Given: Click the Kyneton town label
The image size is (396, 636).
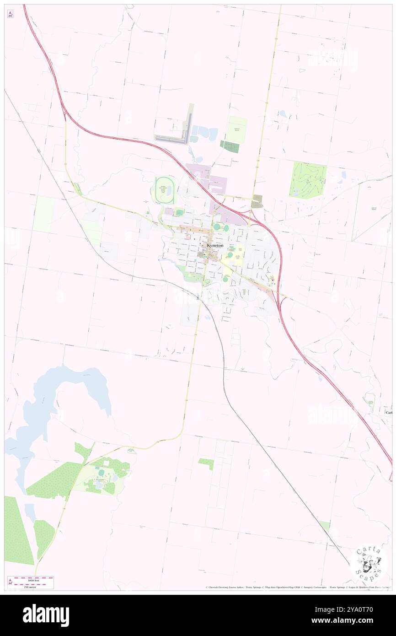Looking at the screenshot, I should tap(215, 245).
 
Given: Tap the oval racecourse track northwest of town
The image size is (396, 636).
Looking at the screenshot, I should tap(164, 190).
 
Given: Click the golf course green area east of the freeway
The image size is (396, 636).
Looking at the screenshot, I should tap(308, 179).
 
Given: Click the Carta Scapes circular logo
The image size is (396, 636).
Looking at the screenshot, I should tap(369, 562).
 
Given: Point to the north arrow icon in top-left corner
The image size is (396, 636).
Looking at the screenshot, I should tap(10, 15).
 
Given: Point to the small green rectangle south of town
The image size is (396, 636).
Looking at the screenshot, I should tap(206, 463).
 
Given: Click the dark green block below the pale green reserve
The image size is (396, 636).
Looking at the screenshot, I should tap(230, 146).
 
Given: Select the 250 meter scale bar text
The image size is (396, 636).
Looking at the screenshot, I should tap(30, 586).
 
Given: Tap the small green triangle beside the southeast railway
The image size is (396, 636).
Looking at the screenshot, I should tap(325, 526).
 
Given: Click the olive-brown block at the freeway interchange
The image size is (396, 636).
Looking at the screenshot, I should tap(257, 201).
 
